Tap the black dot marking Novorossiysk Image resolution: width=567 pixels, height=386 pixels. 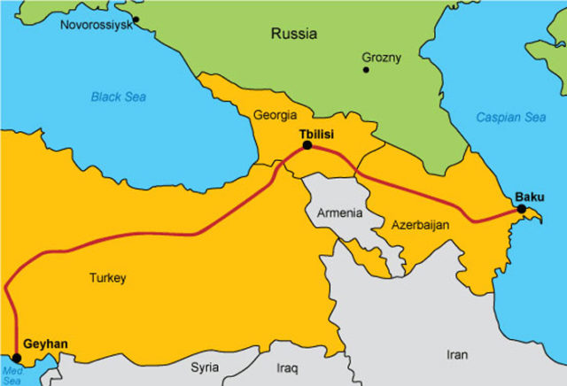(136, 19)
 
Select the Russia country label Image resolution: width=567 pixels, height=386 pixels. (293, 36)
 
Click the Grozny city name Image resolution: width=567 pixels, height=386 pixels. (382, 58)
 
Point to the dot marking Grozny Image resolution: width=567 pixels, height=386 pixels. (366, 69)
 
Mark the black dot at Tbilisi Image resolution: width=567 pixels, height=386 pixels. (307, 145)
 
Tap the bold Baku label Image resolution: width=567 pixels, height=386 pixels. (530, 196)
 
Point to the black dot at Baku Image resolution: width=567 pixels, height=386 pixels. (522, 209)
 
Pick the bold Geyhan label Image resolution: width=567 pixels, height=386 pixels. (44, 344)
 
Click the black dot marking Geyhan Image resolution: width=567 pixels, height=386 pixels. (17, 358)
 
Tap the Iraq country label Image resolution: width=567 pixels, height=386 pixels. (287, 366)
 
